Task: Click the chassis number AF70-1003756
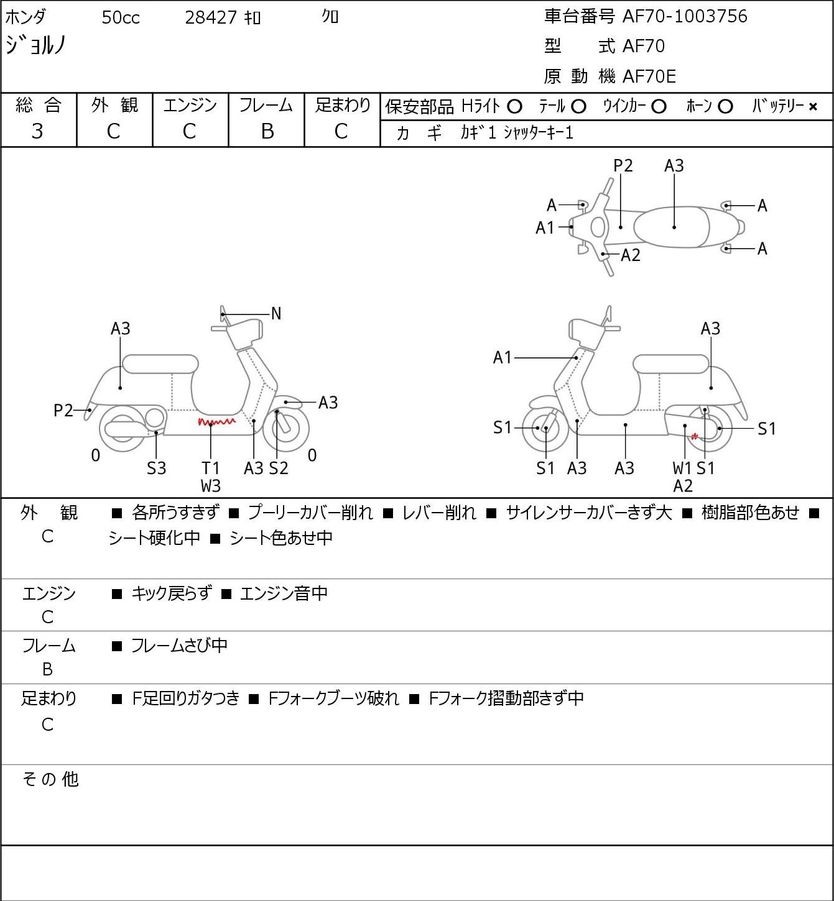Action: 685,17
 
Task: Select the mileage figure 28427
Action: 211,17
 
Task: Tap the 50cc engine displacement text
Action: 121,17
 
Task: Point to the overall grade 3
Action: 37,132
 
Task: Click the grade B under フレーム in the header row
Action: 267,132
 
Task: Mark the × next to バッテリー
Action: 813,107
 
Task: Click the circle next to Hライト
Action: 514,107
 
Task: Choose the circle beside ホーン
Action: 725,107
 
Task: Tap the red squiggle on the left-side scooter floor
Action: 216,422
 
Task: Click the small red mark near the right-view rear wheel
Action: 694,437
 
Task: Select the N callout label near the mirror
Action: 276,314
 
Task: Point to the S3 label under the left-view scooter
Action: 156,468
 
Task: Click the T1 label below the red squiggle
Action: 210,468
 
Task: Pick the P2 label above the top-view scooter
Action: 623,165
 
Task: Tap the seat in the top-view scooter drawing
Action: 671,227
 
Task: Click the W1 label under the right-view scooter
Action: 682,468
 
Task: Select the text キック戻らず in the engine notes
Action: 172,593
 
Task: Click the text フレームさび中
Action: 179,646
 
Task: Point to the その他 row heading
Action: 50,779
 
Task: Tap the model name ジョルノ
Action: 36,45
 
